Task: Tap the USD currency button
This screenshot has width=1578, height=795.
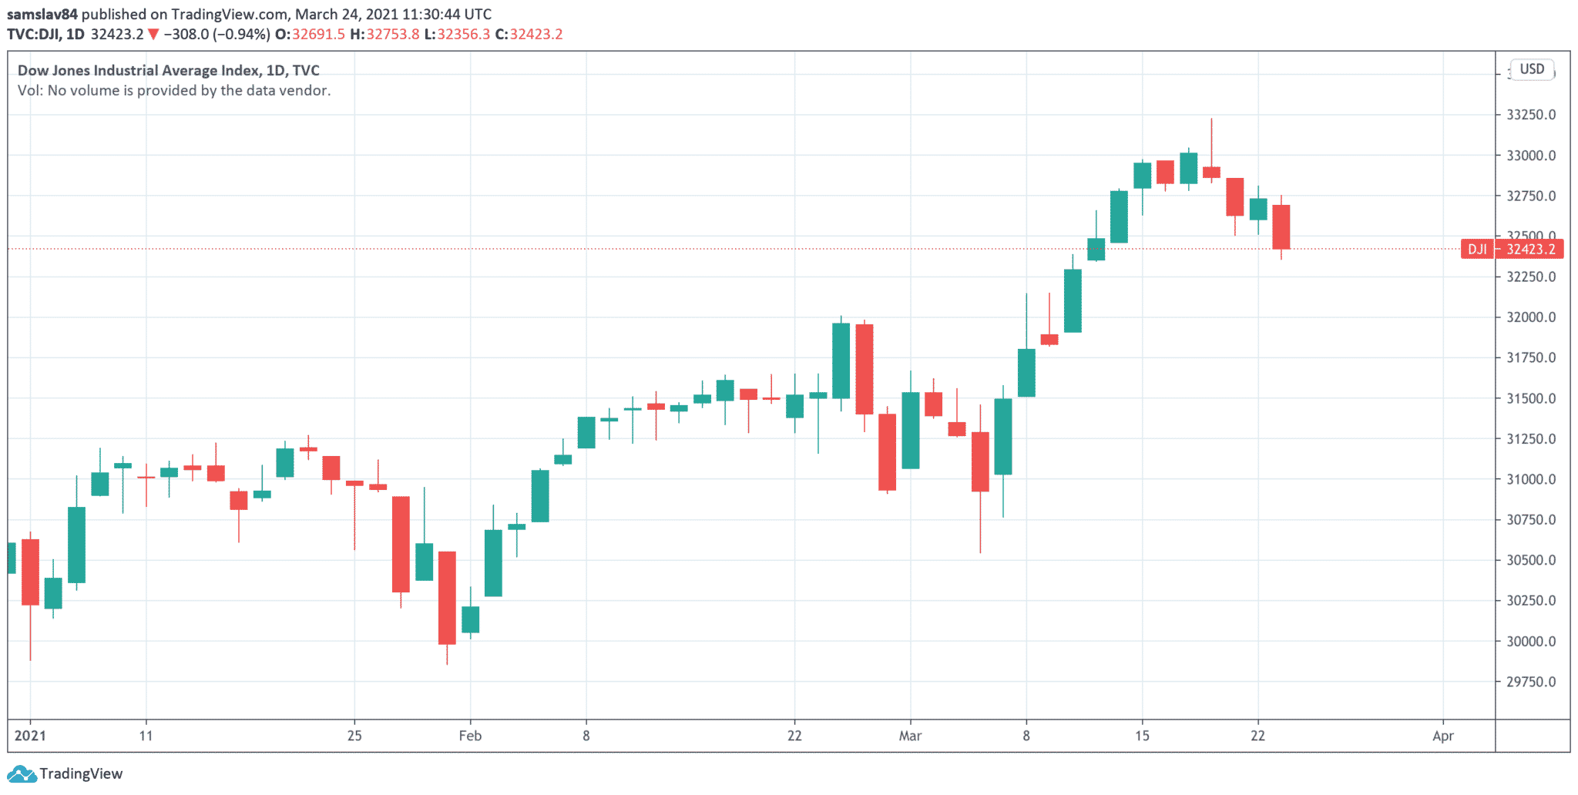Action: [x=1532, y=69]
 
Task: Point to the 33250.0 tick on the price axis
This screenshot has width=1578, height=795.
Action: [x=1531, y=115]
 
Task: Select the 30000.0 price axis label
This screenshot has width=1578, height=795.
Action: [x=1531, y=641]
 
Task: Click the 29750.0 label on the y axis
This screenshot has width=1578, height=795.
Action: [x=1531, y=682]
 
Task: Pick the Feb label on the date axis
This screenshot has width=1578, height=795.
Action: [x=470, y=736]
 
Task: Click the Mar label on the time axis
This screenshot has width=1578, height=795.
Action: [x=910, y=736]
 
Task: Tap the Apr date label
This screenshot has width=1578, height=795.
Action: [x=1442, y=736]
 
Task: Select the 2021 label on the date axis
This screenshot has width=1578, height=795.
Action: [x=31, y=736]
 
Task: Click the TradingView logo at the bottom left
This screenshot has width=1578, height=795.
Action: [x=65, y=773]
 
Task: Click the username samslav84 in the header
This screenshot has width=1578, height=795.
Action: [x=42, y=14]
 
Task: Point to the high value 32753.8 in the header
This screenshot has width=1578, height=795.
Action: [x=393, y=35]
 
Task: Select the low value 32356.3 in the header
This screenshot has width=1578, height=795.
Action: [x=463, y=35]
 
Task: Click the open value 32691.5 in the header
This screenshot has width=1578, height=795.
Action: [x=318, y=35]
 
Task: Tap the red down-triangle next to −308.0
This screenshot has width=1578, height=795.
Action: [x=153, y=35]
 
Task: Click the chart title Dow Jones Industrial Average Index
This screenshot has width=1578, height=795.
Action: [x=139, y=70]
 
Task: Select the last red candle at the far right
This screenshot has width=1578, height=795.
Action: [x=1281, y=226]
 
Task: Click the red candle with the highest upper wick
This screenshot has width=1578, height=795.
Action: [x=1211, y=172]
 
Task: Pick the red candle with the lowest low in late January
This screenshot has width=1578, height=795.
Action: [x=447, y=597]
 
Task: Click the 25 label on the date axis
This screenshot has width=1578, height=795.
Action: [x=354, y=736]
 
